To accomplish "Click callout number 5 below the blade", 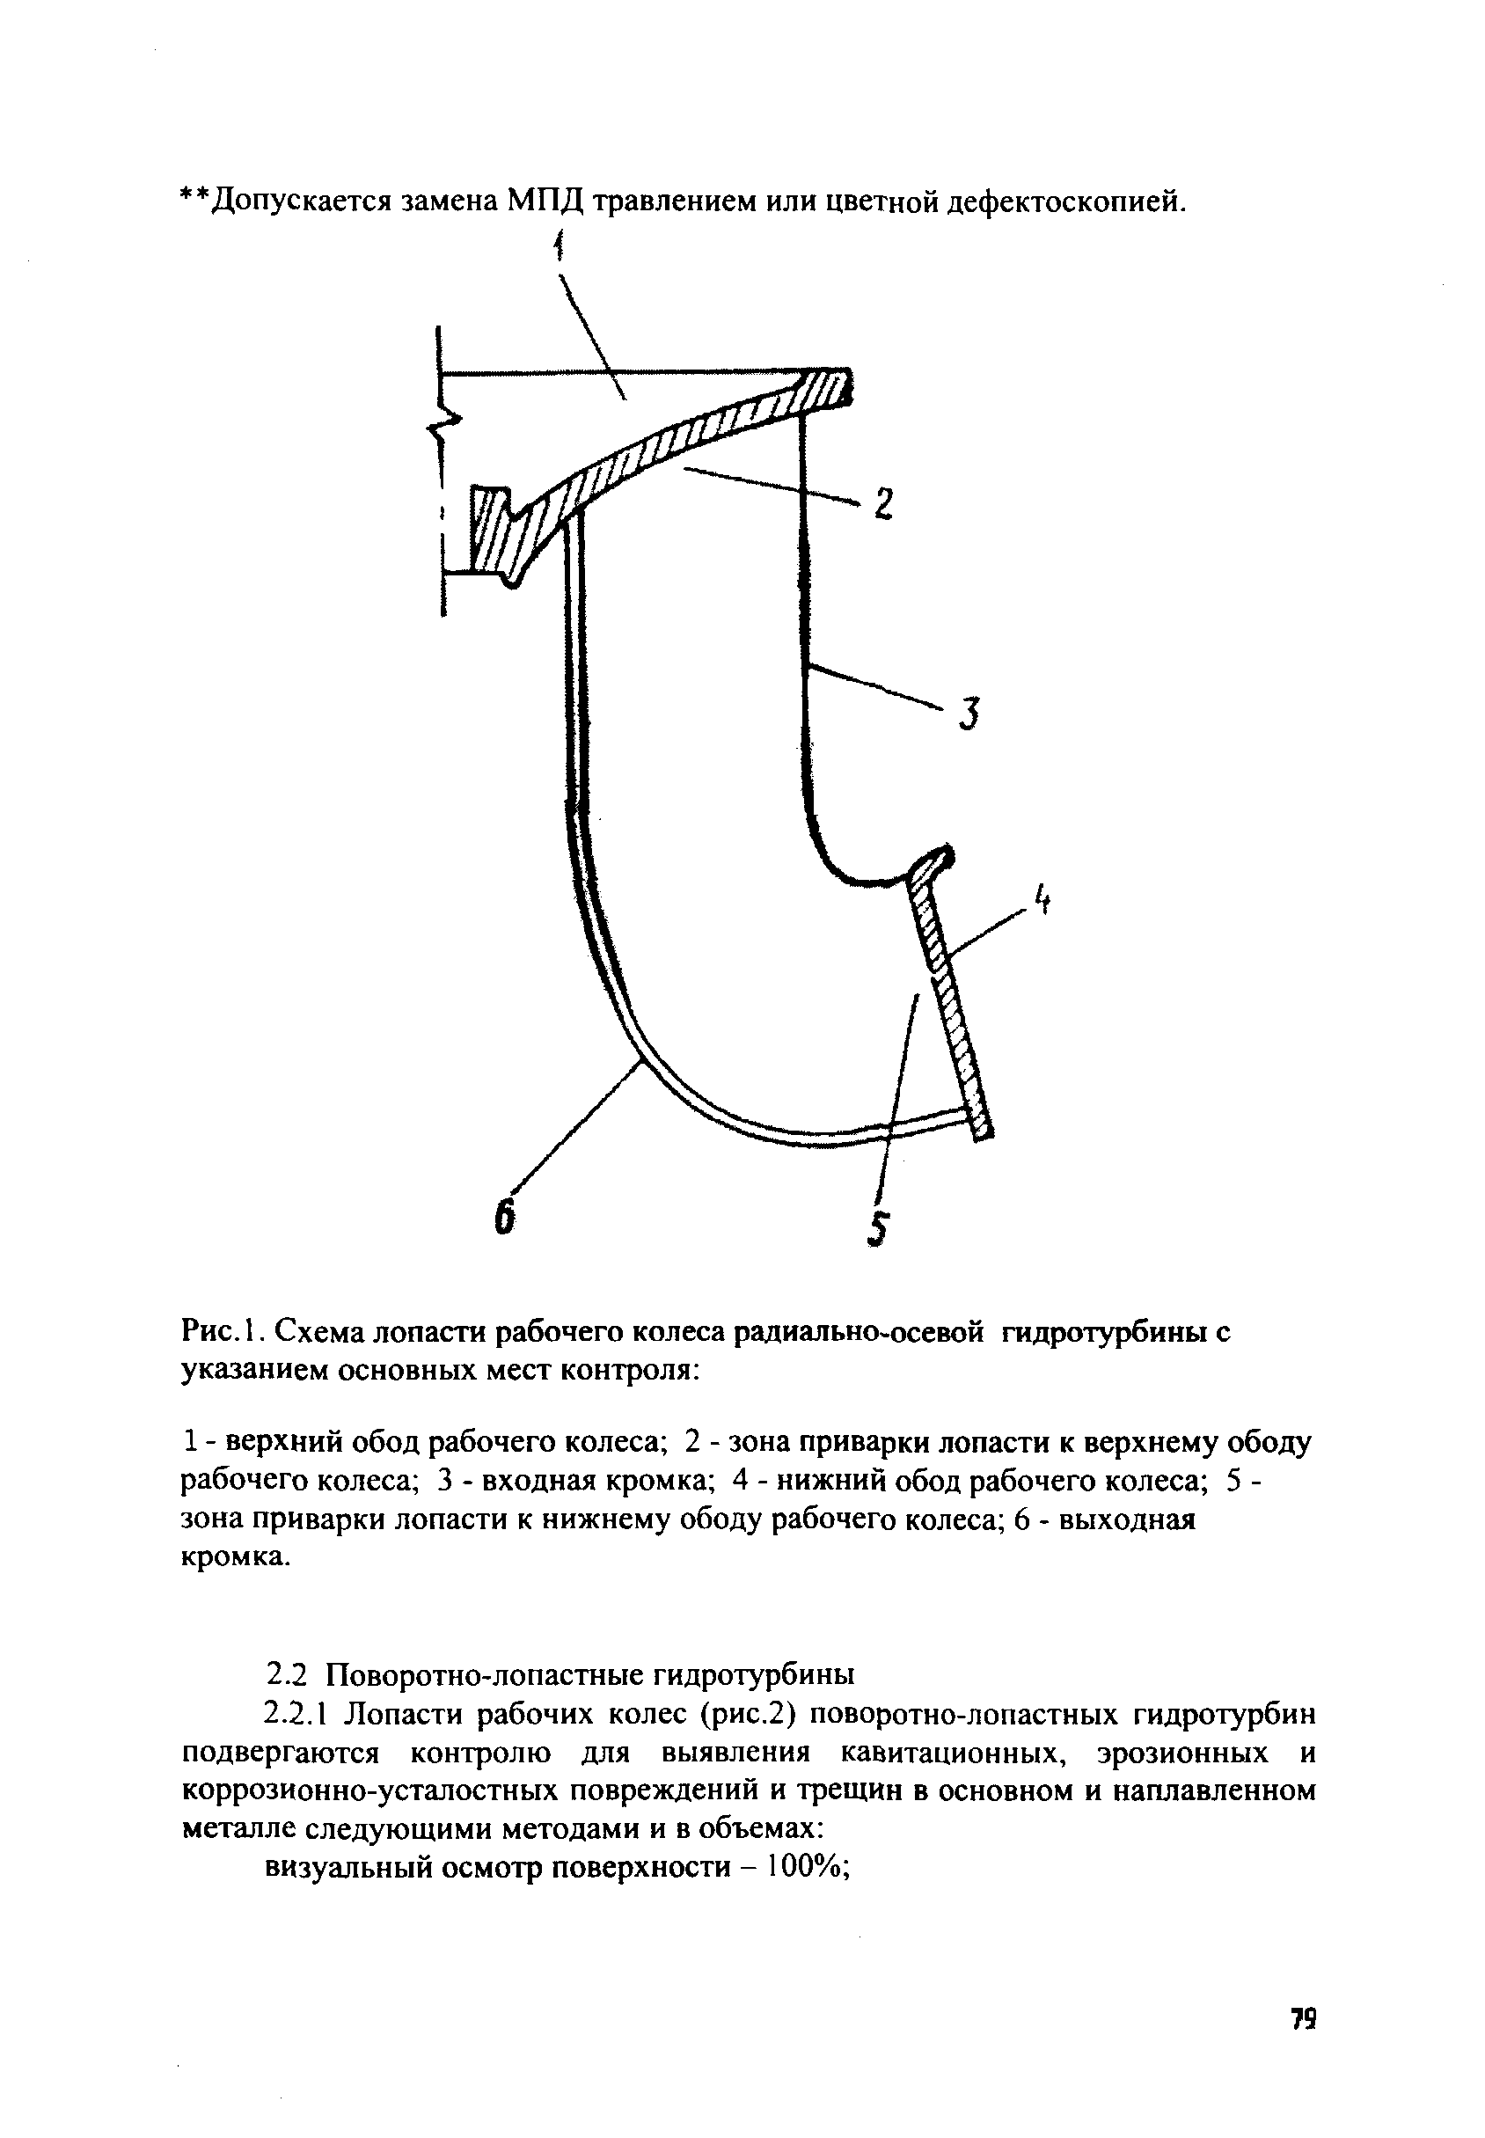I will click(x=877, y=1230).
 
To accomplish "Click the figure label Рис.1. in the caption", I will click(x=223, y=1333).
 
